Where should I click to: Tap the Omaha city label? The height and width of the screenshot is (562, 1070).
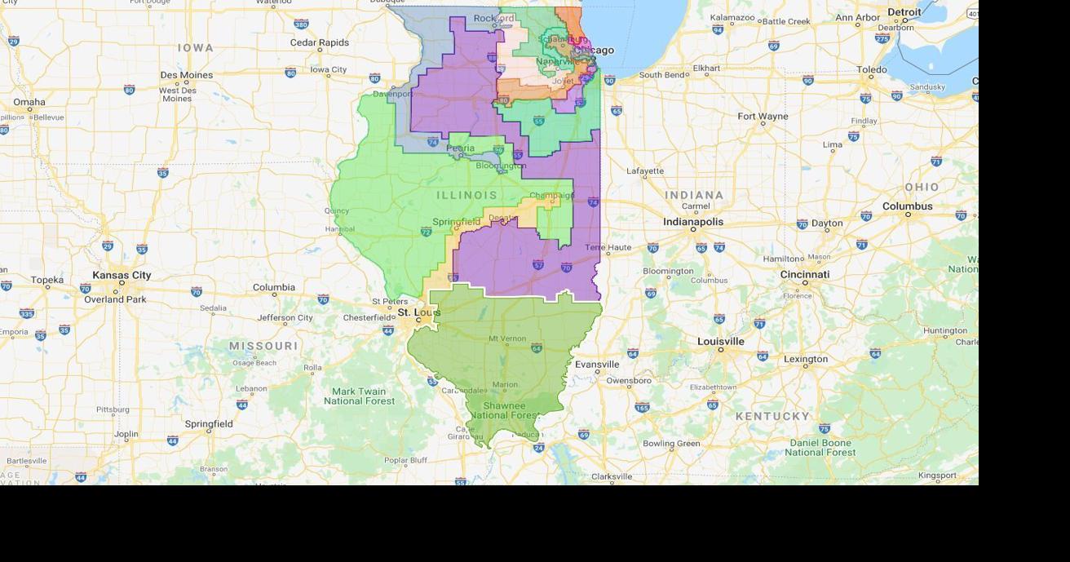tap(29, 102)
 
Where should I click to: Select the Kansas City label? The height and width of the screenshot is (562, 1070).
tap(122, 275)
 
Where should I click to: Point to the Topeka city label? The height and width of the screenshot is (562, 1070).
tap(46, 280)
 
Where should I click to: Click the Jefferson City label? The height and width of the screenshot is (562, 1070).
tap(285, 317)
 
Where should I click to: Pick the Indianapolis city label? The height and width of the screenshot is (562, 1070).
tap(692, 222)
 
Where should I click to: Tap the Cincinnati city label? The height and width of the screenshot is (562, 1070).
tap(804, 274)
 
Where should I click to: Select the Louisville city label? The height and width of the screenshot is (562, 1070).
tap(721, 341)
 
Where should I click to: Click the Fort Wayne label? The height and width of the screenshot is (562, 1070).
tap(763, 117)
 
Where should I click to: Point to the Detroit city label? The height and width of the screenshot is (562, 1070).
tap(904, 12)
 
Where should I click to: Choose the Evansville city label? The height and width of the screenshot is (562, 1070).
tap(597, 364)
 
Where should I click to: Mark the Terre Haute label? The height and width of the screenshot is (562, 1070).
tap(607, 247)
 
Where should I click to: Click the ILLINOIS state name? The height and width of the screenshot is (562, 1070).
tap(466, 195)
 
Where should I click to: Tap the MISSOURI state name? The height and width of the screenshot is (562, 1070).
tap(263, 346)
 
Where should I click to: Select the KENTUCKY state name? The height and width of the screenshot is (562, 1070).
tap(772, 416)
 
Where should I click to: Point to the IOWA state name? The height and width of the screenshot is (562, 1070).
tap(196, 48)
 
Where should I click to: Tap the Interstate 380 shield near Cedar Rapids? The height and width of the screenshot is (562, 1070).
tap(301, 24)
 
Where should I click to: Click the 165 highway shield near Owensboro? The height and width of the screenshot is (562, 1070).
tap(642, 407)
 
